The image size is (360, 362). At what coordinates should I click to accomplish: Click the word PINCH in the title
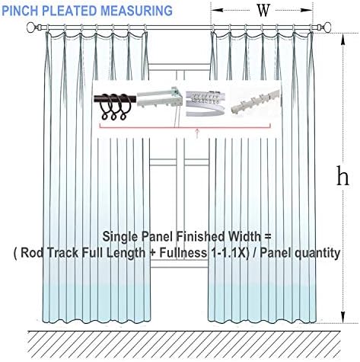click(x=20, y=11)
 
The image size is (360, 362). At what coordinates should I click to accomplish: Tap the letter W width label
click(x=263, y=11)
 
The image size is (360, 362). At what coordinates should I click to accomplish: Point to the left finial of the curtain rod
click(x=31, y=27)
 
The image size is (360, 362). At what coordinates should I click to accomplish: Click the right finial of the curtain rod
click(x=328, y=27)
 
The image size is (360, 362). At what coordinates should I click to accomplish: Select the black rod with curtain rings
click(x=113, y=104)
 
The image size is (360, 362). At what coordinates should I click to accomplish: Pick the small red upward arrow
click(x=197, y=133)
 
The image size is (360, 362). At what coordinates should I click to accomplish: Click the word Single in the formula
click(x=120, y=237)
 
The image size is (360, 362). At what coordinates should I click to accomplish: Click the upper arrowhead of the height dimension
click(x=342, y=40)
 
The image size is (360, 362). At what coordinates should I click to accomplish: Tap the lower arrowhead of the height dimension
click(x=342, y=317)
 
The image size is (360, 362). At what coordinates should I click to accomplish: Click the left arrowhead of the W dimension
click(x=217, y=10)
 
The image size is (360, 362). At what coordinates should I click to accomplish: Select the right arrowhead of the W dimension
click(x=307, y=10)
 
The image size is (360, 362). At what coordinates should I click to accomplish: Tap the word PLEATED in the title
click(x=69, y=11)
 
